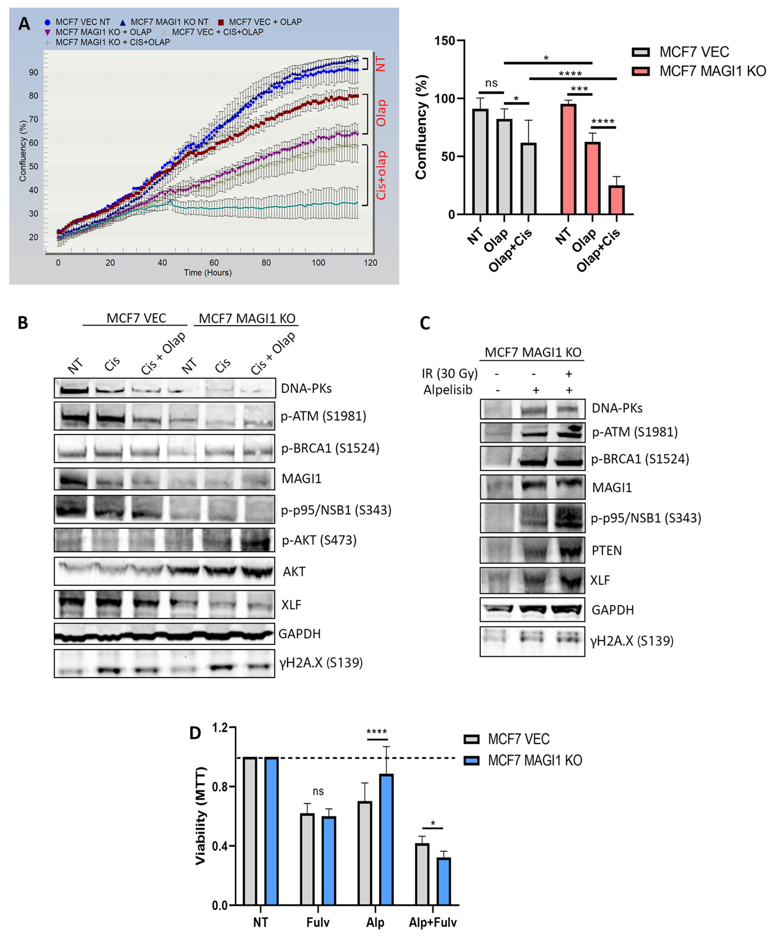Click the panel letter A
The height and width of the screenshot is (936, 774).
24,24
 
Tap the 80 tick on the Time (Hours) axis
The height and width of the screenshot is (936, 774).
266,262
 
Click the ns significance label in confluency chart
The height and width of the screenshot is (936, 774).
491,83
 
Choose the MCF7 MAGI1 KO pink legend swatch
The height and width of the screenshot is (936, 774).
641,71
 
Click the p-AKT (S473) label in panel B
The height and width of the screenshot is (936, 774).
319,540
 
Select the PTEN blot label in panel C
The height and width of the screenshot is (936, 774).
607,551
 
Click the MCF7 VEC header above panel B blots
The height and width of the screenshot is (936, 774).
136,318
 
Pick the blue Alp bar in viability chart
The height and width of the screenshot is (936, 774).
386,839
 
